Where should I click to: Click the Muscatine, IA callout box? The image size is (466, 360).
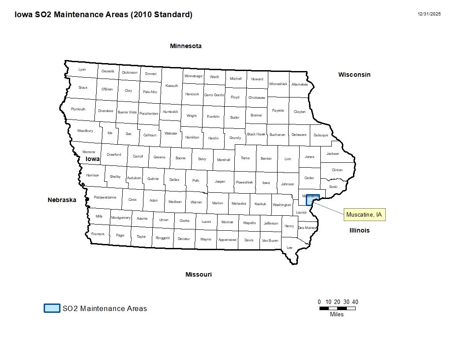click(364, 215)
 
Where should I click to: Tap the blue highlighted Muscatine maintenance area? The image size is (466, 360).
click(312, 199)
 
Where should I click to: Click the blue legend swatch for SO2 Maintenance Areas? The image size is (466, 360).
click(52, 308)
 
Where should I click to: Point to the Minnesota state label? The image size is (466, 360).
click(186, 46)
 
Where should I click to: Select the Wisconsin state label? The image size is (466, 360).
click(354, 75)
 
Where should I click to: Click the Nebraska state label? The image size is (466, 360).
click(62, 200)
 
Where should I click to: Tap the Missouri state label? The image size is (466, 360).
click(199, 274)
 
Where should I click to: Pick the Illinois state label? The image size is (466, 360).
click(359, 230)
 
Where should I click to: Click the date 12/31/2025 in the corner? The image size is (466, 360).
click(429, 14)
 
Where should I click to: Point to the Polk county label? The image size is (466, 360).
click(196, 180)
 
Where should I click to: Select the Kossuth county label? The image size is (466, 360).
click(172, 86)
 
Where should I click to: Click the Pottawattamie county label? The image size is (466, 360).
click(105, 197)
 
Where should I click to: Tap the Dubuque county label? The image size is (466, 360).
click(321, 135)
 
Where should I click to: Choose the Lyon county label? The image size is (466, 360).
click(82, 69)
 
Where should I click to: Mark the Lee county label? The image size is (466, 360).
click(289, 247)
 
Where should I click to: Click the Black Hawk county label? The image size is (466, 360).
click(256, 134)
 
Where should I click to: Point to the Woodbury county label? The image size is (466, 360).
click(85, 131)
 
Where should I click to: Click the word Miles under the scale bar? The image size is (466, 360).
click(337, 315)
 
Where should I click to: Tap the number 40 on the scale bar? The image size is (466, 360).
click(355, 302)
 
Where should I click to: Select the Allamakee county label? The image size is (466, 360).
click(300, 84)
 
